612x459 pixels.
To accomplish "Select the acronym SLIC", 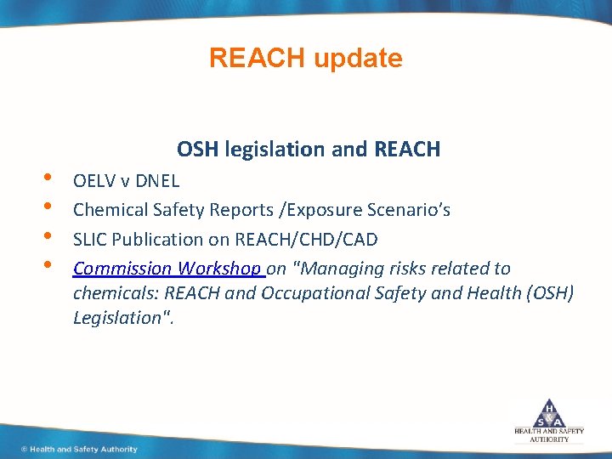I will pyautogui.click(x=90, y=240).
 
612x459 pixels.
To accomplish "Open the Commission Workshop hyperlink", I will pyautogui.click(x=167, y=269).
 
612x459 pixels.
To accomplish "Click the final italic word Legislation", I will pyautogui.click(x=120, y=317).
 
